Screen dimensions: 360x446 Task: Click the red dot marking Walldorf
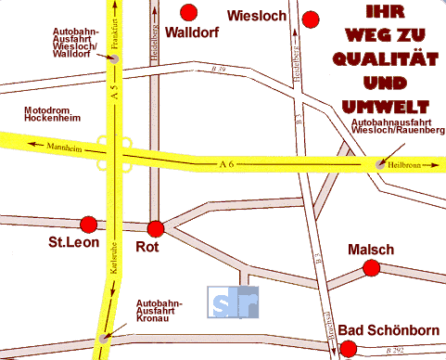coord(190,12)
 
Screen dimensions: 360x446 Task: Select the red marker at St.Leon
coord(89,224)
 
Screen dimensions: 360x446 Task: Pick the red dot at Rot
coord(155,229)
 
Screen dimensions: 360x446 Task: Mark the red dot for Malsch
coord(371,268)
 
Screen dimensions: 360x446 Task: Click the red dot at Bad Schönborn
coord(348,349)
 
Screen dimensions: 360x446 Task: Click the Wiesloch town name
coord(255,15)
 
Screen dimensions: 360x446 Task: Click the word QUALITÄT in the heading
coord(382,60)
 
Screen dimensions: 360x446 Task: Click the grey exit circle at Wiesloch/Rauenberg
coord(380,164)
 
